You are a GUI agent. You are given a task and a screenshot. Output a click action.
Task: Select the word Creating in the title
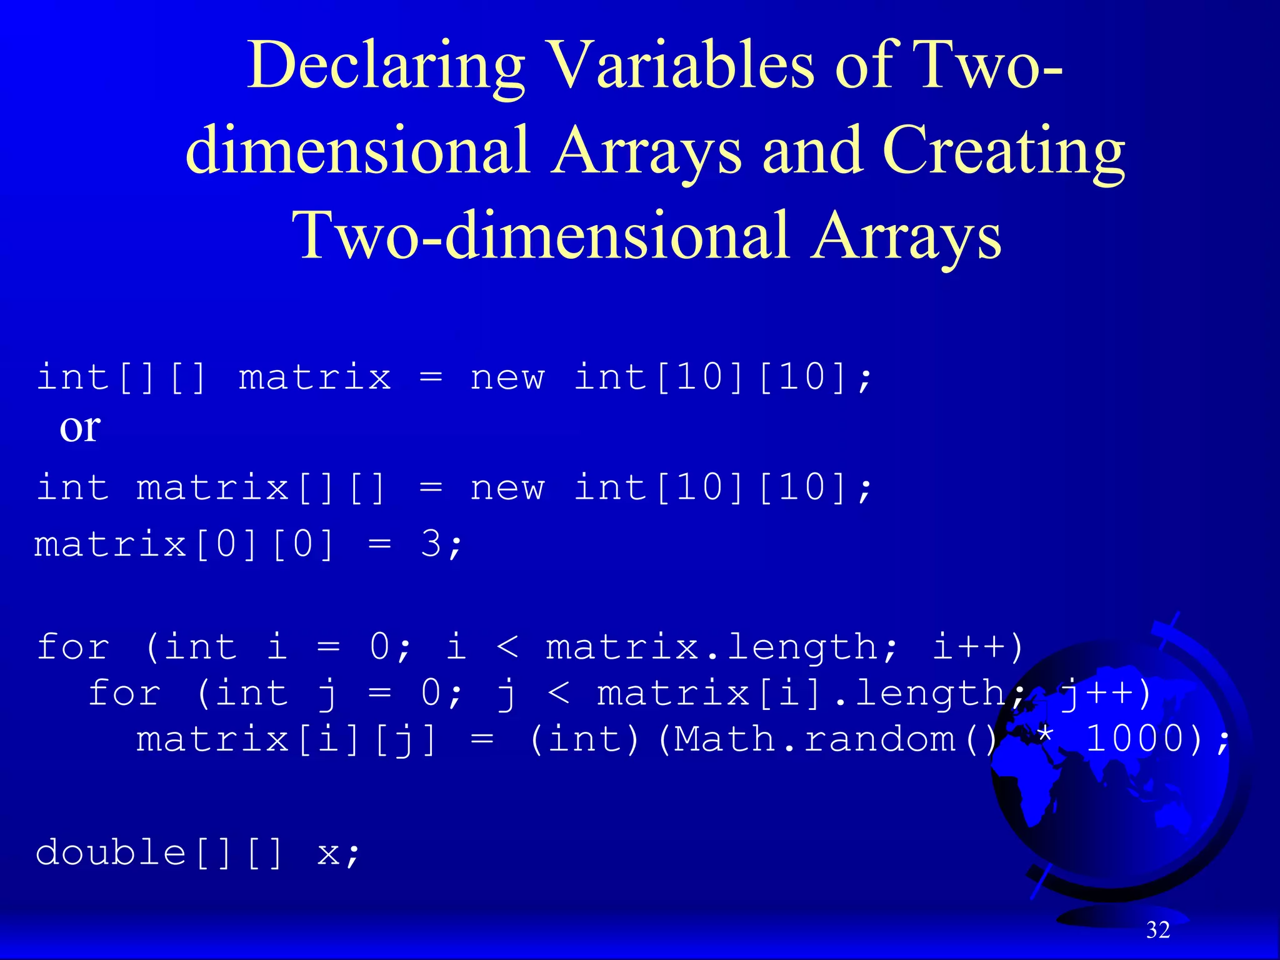[1003, 152]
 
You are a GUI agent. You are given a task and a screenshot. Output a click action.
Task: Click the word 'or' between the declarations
[80, 428]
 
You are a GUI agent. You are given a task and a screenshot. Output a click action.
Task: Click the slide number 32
[1158, 930]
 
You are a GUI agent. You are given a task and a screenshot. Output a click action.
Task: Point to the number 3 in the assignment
[431, 544]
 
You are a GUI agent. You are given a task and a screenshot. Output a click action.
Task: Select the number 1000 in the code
[1135, 739]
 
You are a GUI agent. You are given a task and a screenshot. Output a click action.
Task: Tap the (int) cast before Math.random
[584, 739]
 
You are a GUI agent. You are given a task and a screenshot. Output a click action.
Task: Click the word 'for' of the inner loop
[124, 693]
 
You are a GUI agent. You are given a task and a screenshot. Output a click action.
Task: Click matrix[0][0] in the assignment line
[184, 544]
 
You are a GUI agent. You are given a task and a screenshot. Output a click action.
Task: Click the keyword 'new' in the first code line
[507, 377]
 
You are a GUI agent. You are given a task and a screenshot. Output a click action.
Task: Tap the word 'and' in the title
[811, 152]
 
